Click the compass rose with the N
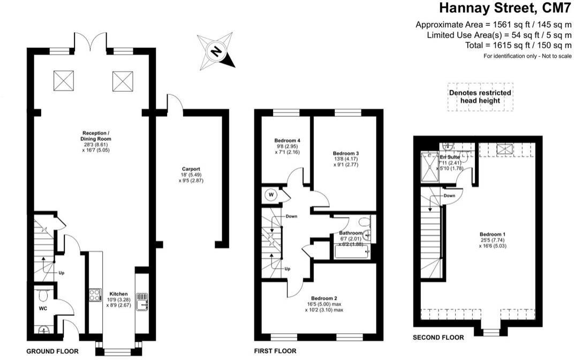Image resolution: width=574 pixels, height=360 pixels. [x=216, y=51]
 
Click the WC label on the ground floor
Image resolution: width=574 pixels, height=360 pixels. [x=43, y=309]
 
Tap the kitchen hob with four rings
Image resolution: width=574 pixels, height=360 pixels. [x=95, y=295]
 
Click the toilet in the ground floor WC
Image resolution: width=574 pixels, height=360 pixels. [x=43, y=294]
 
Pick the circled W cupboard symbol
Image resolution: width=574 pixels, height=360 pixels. [x=271, y=195]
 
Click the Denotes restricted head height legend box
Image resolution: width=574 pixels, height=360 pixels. [x=480, y=96]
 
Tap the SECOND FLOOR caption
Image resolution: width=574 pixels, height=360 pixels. [x=438, y=337]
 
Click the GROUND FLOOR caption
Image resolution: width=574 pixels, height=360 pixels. [x=52, y=351]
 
